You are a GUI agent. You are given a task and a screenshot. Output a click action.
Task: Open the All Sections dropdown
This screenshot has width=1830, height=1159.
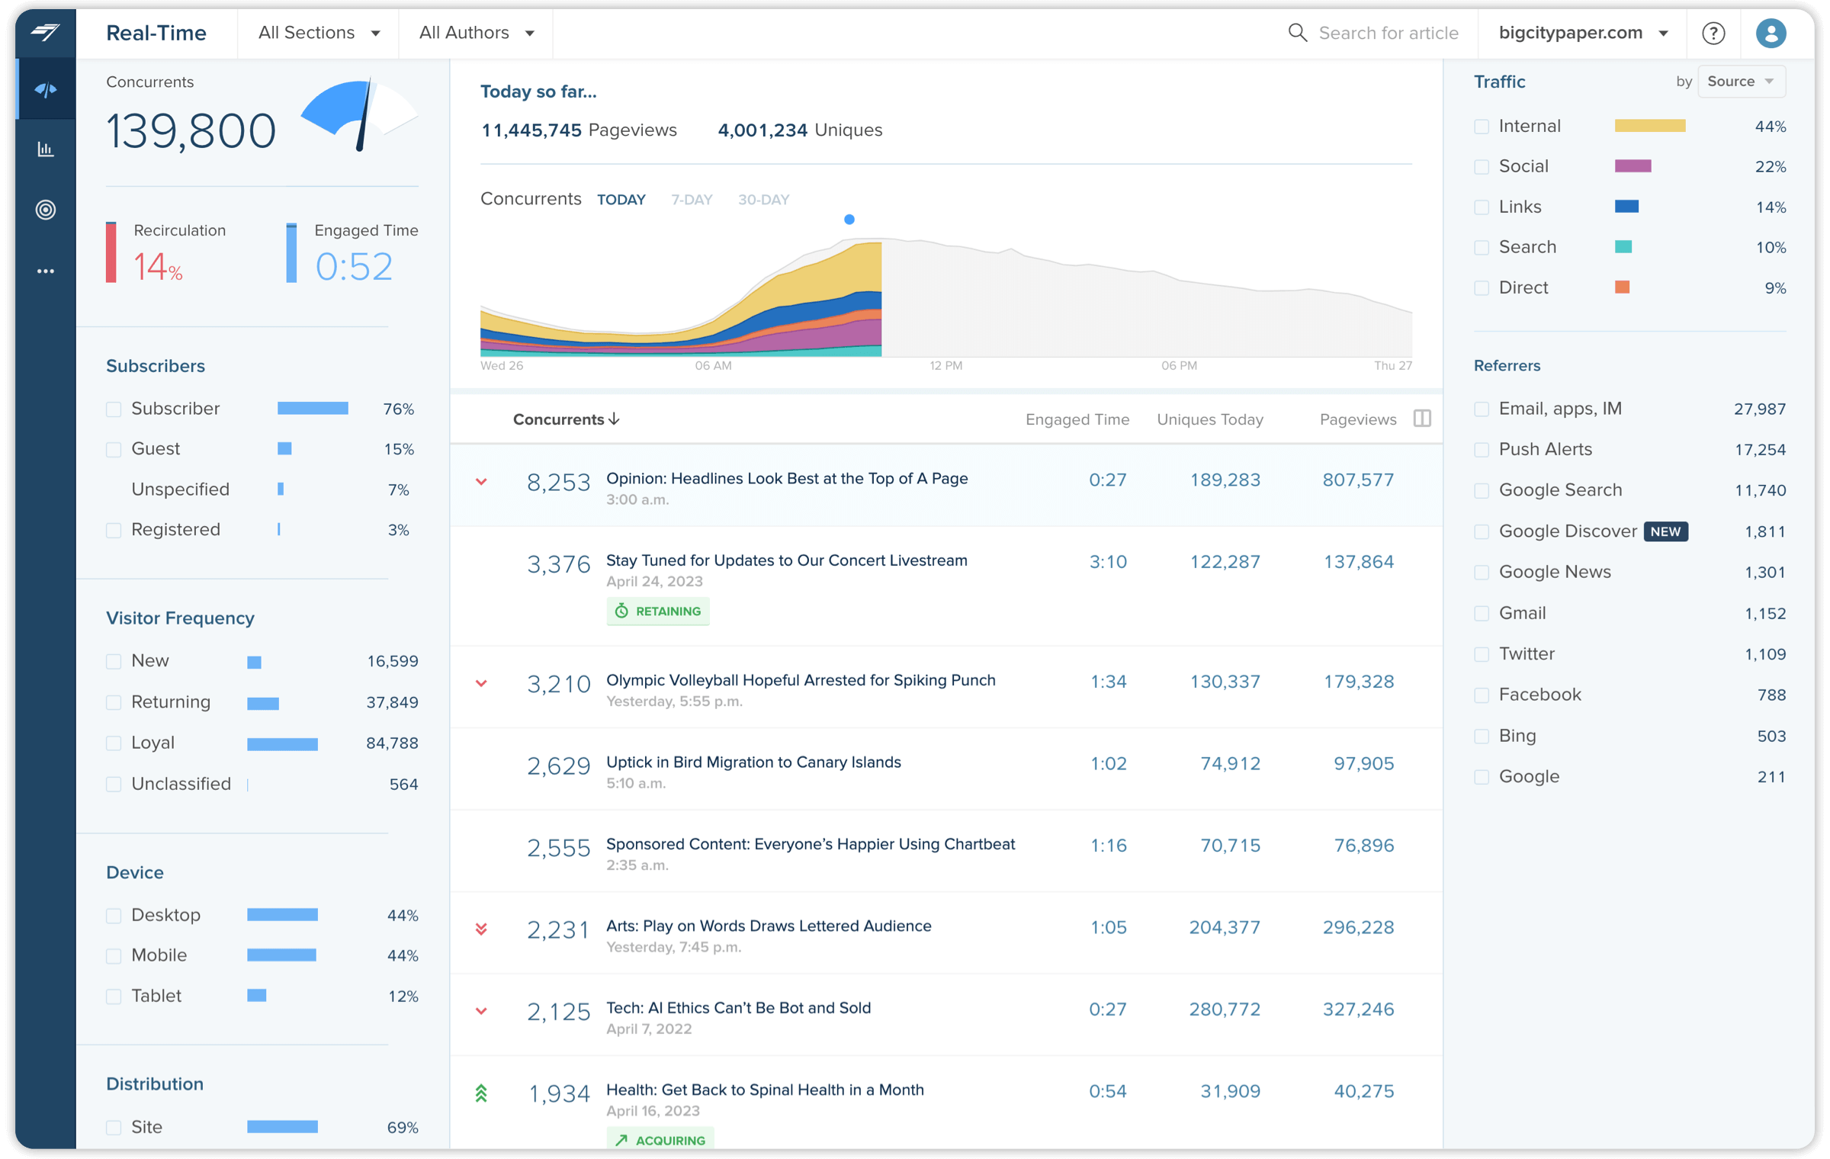tap(319, 33)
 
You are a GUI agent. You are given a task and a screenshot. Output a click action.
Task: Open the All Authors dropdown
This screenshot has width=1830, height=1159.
tap(476, 33)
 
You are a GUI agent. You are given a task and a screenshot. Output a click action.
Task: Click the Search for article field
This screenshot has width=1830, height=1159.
tap(1388, 33)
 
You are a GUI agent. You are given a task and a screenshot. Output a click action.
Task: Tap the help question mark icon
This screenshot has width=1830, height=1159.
tap(1713, 33)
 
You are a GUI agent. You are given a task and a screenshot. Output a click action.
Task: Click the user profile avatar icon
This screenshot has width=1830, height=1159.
tap(1771, 33)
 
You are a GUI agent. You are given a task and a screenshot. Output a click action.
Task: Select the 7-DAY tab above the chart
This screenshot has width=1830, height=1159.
tap(692, 200)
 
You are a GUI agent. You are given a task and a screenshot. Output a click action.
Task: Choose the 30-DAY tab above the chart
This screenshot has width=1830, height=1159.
tap(763, 200)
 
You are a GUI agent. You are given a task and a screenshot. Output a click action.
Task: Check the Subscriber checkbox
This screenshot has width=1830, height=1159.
tap(114, 409)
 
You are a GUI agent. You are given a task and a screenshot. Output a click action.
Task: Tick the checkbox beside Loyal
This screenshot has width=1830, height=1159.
tap(114, 743)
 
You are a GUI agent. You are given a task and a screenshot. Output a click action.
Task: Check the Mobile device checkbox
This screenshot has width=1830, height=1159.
tap(114, 956)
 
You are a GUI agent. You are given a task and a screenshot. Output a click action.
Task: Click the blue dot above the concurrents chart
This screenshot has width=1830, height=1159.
tap(849, 220)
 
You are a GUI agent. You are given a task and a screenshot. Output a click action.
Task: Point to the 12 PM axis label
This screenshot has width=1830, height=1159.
tap(945, 366)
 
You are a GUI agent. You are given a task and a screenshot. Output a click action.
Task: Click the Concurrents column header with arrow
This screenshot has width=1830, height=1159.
tap(566, 419)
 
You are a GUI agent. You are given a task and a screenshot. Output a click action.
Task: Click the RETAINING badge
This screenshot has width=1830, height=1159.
tap(658, 612)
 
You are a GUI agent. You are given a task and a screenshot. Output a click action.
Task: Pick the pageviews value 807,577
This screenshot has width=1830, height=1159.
tap(1358, 480)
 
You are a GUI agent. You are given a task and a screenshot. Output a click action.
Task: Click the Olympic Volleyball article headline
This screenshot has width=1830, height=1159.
tap(801, 680)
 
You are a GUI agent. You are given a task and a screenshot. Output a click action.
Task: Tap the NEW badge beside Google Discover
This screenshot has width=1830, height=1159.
tap(1665, 531)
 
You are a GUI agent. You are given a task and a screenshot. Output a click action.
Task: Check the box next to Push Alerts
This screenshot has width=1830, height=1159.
tap(1482, 450)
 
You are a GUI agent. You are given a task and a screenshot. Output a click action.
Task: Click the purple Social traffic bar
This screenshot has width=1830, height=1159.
tap(1633, 166)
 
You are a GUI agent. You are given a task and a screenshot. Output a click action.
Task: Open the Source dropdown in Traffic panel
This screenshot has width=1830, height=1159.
tap(1741, 82)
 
